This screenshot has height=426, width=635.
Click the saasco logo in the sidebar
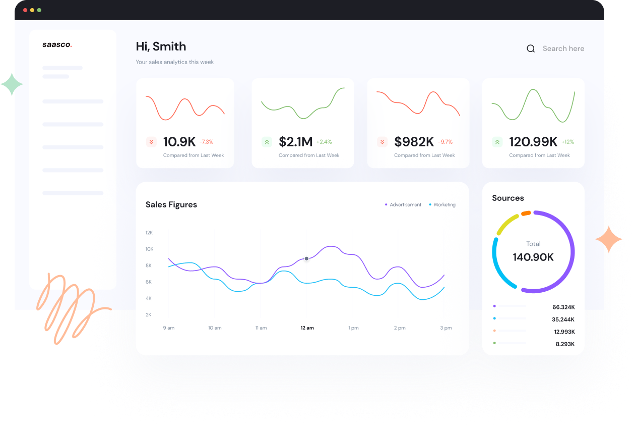pos(57,45)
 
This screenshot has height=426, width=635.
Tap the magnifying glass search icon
pos(531,49)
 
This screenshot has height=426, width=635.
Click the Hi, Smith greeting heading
pos(161,46)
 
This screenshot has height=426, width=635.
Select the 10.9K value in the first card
pos(179,142)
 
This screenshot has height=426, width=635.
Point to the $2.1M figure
pos(295,142)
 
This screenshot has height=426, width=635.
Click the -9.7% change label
pos(445,142)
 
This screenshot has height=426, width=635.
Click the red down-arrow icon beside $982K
pos(382,142)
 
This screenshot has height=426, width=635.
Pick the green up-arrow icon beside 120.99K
pos(497,142)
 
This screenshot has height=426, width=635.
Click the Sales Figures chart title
pos(171,204)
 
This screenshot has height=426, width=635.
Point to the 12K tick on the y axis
pos(149,233)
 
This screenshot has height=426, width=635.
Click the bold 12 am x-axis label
pos(307,328)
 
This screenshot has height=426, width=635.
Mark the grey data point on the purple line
pos(306,258)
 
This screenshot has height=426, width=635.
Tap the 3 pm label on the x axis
pos(446,328)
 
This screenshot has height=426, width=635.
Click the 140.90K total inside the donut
pos(533,257)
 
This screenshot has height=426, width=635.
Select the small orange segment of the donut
pos(526,213)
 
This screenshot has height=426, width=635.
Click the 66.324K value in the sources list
pos(563,307)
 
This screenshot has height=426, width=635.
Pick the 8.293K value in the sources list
pos(565,344)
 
